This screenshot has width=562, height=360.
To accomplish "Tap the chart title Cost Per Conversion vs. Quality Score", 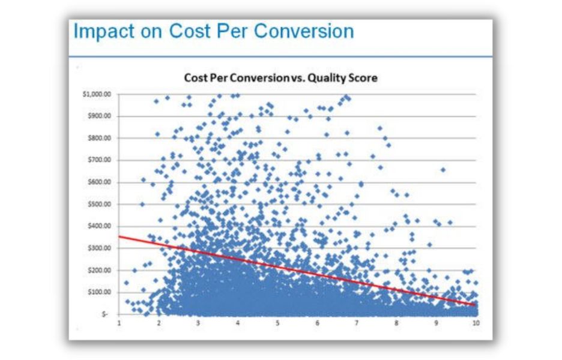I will (x=280, y=78).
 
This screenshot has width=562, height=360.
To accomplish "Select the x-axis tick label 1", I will (x=119, y=323).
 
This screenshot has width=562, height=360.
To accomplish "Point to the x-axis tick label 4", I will (x=238, y=323).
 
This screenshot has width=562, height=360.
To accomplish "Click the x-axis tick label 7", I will (x=357, y=323).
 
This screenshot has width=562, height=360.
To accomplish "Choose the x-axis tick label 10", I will (x=475, y=323).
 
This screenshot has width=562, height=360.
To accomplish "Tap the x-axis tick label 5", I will (x=278, y=323).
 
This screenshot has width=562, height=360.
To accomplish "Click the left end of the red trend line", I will (x=119, y=236).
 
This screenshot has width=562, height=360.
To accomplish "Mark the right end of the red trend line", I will (x=476, y=305).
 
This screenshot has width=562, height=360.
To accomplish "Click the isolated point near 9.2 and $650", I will (x=443, y=170).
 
